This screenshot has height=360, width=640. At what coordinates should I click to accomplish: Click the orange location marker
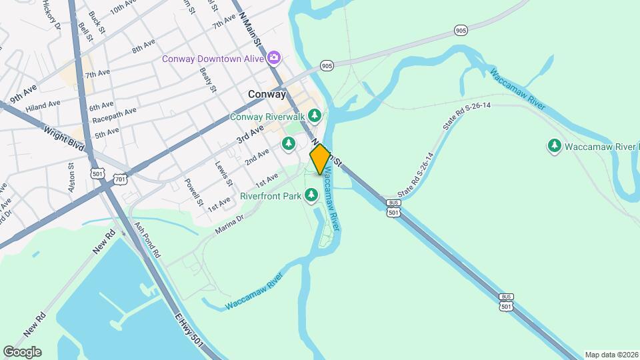(x=320, y=159)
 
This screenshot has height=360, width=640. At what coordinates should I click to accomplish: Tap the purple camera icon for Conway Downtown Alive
(x=273, y=59)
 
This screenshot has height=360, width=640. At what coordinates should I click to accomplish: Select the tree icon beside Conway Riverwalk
(x=315, y=116)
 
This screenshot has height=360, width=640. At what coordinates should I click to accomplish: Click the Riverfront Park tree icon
(x=311, y=195)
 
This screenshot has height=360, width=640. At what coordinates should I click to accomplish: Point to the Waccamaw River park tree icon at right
(x=554, y=145)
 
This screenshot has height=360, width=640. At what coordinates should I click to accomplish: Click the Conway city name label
(x=267, y=95)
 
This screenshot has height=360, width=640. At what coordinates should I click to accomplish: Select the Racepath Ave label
(x=114, y=115)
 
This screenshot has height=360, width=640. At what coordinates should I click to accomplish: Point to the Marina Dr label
(x=230, y=225)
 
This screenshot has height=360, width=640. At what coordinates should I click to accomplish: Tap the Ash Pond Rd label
(x=147, y=241)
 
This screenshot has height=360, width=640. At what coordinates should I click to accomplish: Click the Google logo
(x=22, y=352)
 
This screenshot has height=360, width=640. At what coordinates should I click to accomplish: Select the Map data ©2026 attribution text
(x=610, y=355)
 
